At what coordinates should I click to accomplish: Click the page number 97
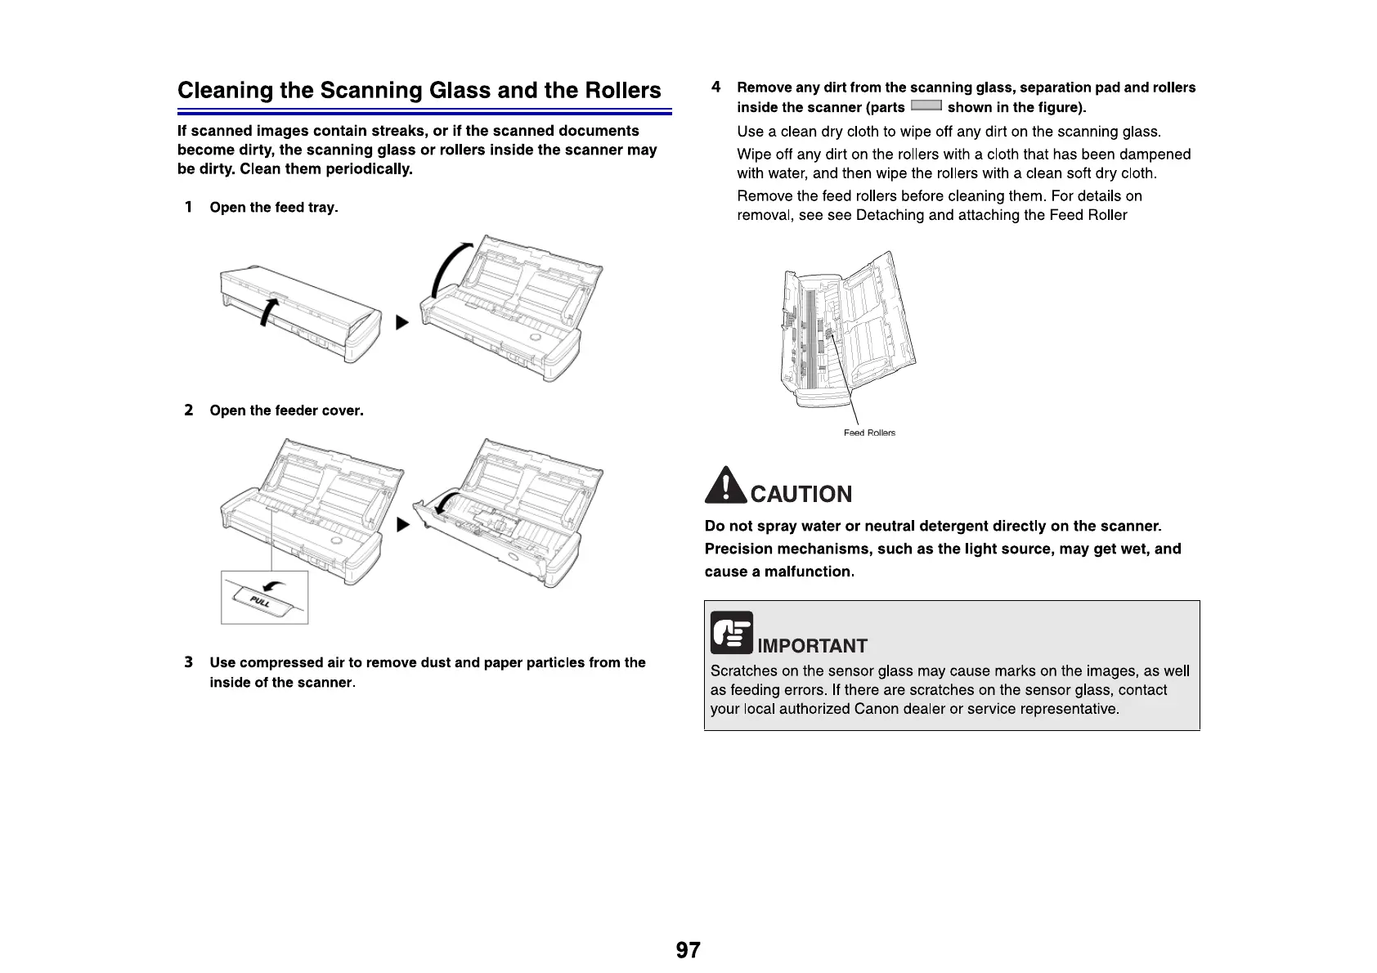688,950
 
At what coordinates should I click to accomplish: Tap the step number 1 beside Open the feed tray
188,207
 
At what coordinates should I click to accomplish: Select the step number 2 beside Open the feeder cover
189,410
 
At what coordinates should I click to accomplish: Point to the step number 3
189,662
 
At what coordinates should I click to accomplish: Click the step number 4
715,87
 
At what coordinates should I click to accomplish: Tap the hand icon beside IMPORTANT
731,634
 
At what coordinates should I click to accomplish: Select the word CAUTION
801,494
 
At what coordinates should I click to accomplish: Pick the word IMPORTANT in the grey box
812,646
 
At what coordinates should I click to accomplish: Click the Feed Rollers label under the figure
869,433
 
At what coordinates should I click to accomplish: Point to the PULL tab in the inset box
261,602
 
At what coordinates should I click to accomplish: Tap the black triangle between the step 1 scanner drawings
401,323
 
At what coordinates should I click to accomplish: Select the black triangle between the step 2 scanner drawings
401,524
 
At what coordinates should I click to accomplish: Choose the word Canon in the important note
876,709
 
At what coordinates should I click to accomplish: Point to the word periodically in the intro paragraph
369,169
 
